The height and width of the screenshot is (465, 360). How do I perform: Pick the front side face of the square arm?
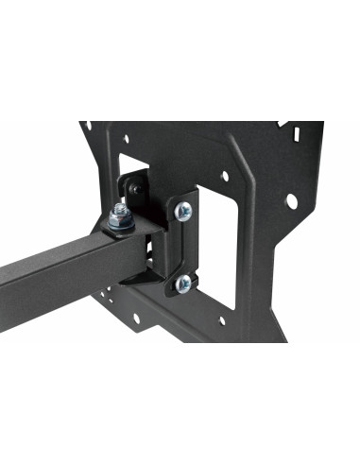click(57, 273)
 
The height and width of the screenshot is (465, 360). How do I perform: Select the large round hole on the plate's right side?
click(292, 201)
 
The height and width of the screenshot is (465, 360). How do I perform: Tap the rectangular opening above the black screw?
click(134, 175)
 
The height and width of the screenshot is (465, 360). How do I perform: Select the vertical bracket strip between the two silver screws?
click(181, 248)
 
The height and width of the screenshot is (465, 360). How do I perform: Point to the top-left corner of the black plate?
click(84, 123)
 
